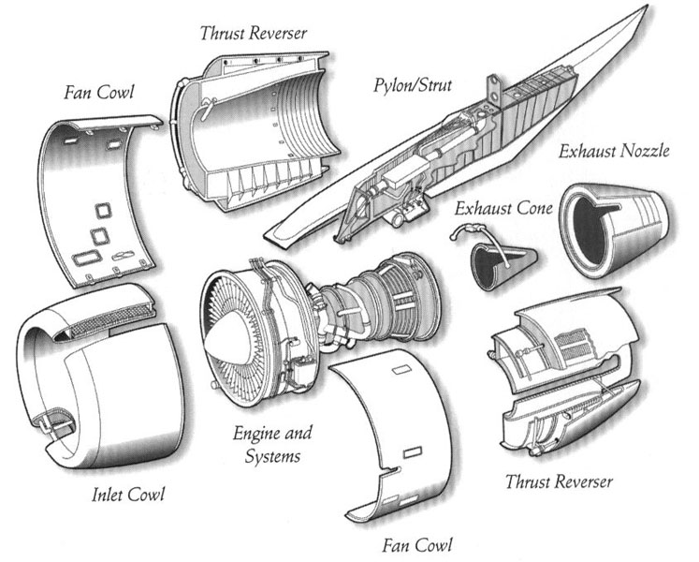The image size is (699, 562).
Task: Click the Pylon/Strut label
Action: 412,86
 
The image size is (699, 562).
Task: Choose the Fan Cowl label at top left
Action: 99,94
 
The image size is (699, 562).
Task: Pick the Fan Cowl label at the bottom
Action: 417,544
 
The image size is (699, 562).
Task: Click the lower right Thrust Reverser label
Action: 559,482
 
